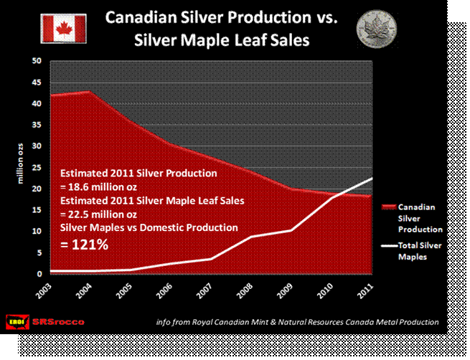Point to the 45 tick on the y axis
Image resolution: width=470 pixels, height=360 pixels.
click(36, 82)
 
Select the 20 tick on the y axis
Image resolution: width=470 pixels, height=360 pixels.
click(36, 189)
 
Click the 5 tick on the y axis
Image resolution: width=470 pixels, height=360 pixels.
click(38, 252)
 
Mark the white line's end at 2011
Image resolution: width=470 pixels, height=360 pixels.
click(372, 178)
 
